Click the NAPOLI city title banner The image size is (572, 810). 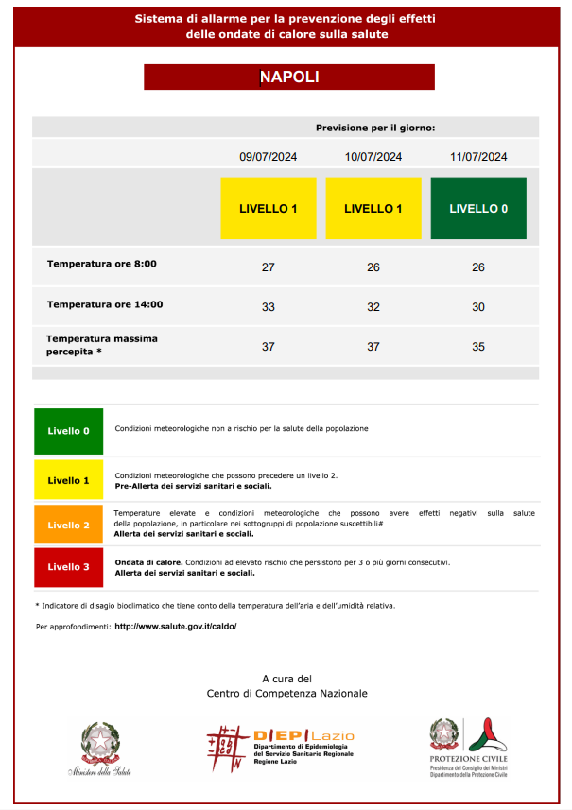(288, 78)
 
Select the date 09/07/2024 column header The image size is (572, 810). (268, 157)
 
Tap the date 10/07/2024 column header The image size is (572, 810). (373, 157)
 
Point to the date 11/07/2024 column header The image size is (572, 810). (478, 157)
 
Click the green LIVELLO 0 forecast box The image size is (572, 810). (478, 208)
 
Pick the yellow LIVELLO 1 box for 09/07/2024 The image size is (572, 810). (268, 208)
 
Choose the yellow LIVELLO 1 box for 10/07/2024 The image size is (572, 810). (373, 208)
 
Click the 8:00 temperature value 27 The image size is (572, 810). (268, 267)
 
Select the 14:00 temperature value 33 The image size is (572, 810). (268, 307)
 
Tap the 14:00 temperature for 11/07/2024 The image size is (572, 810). (478, 307)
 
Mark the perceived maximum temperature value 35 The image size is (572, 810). (478, 347)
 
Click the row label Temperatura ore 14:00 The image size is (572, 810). (105, 304)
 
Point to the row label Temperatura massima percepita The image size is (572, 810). (102, 345)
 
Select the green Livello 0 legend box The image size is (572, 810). (69, 431)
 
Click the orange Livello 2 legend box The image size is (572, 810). (69, 525)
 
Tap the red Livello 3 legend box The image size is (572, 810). (69, 567)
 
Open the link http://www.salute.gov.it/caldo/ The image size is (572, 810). (175, 627)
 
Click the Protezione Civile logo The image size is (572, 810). (469, 747)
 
